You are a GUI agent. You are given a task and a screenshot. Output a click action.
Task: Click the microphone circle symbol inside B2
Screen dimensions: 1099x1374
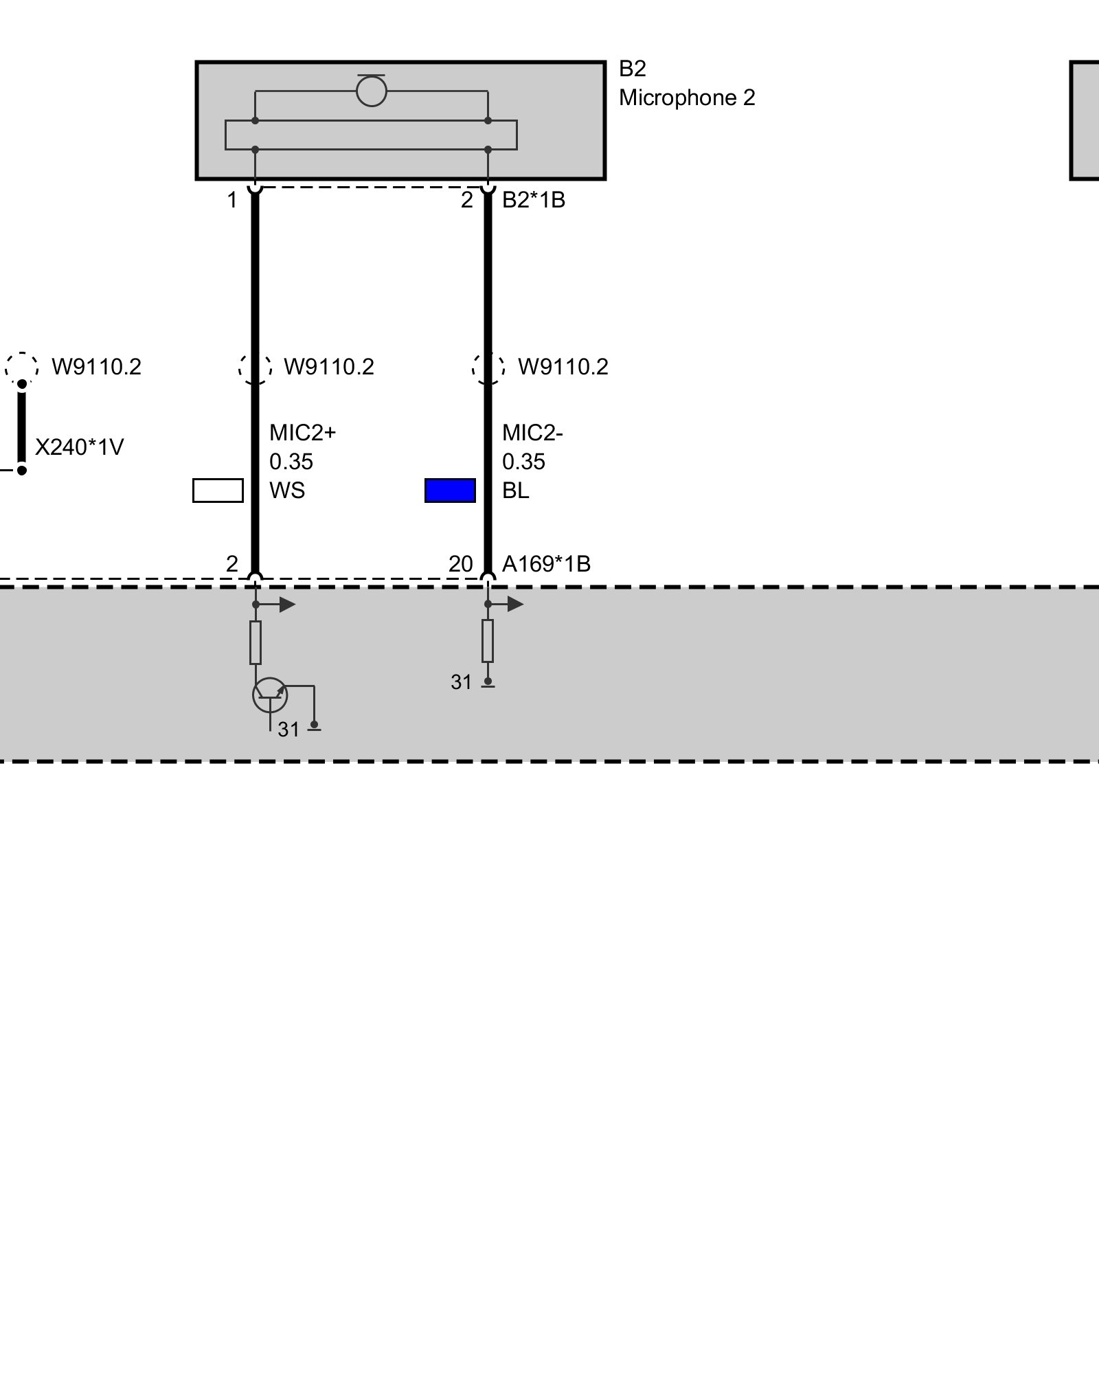372,91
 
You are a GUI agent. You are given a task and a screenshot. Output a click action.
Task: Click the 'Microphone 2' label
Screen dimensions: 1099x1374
687,98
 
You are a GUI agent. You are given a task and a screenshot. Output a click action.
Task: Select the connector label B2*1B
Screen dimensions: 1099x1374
534,200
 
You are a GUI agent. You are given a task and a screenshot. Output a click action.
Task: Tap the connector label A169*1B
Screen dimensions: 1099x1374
546,564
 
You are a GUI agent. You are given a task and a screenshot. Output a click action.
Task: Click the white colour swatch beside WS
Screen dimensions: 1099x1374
218,491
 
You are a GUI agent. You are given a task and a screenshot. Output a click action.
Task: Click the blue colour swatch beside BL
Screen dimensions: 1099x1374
450,491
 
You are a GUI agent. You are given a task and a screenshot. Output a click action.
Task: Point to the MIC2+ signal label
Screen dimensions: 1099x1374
302,433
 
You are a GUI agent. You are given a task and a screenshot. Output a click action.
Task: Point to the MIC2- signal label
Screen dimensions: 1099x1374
532,433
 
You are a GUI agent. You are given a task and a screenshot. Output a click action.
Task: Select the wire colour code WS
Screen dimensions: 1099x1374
287,491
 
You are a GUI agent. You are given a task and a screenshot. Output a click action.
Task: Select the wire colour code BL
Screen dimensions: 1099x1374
516,491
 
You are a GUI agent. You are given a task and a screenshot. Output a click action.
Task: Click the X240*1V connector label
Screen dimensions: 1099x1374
79,447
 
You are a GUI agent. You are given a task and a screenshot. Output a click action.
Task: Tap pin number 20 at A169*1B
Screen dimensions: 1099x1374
461,564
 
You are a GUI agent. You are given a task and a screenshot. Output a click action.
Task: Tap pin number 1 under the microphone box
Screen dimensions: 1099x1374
232,200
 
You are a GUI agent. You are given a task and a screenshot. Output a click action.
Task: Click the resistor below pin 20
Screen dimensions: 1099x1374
488,640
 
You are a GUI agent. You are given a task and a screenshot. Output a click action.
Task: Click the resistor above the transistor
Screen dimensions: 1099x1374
256,642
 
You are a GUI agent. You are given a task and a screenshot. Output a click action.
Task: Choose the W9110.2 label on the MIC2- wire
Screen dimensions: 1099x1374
563,367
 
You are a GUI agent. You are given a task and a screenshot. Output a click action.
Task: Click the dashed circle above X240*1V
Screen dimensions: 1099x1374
22,367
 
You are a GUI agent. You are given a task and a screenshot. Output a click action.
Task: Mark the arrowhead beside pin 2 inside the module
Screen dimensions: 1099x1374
287,605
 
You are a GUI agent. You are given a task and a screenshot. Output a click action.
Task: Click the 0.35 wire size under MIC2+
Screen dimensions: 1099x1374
291,462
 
